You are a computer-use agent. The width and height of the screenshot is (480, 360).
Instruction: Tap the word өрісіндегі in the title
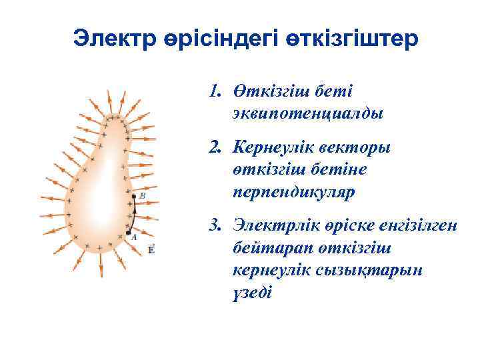[225, 38]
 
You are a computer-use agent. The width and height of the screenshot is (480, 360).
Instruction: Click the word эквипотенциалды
[308, 113]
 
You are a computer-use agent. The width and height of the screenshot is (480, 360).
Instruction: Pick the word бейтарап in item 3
[268, 248]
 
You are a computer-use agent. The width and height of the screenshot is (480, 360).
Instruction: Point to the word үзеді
[253, 293]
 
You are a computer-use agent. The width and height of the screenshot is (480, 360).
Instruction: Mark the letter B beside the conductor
[143, 196]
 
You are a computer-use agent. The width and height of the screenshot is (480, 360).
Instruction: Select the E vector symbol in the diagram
[151, 249]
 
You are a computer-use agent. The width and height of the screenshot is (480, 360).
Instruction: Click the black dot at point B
[134, 197]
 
